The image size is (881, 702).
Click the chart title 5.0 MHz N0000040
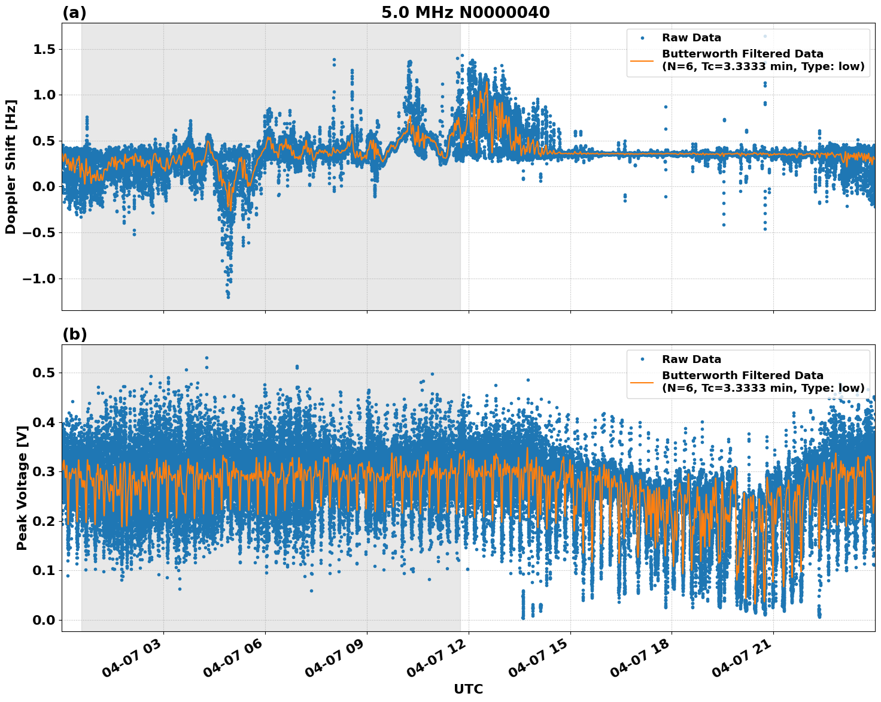point(465,13)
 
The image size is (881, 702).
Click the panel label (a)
point(74,13)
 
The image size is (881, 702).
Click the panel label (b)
point(74,334)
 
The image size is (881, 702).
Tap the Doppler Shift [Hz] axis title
point(11,167)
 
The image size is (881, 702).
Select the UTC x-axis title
point(468,689)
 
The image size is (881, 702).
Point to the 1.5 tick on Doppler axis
point(41,49)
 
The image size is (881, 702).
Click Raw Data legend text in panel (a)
point(691,38)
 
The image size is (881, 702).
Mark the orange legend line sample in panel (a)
point(642,60)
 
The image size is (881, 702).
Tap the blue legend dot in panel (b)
point(642,359)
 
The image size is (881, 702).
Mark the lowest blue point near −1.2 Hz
point(228,296)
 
